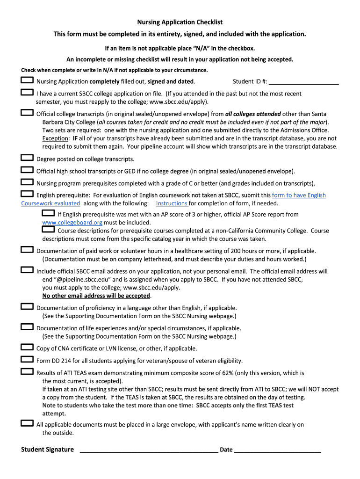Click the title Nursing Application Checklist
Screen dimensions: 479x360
tap(180, 22)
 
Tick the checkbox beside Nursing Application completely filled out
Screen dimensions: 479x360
tap(27, 81)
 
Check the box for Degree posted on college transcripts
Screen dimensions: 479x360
tap(27, 158)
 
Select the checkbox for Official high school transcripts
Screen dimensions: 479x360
tap(27, 170)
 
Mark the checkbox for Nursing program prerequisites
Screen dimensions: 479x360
tap(27, 182)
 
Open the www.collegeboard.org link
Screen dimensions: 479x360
tap(72, 223)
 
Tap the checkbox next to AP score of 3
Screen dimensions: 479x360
tap(48, 213)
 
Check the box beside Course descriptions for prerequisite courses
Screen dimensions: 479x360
tap(48, 230)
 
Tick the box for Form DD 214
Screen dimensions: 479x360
tap(27, 360)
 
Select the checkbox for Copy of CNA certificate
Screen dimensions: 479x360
tap(27, 348)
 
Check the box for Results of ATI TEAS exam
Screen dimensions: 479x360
tap(27, 372)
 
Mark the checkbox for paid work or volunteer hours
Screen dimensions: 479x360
tap(27, 250)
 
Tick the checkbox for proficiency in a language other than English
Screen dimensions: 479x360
tap(27, 307)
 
